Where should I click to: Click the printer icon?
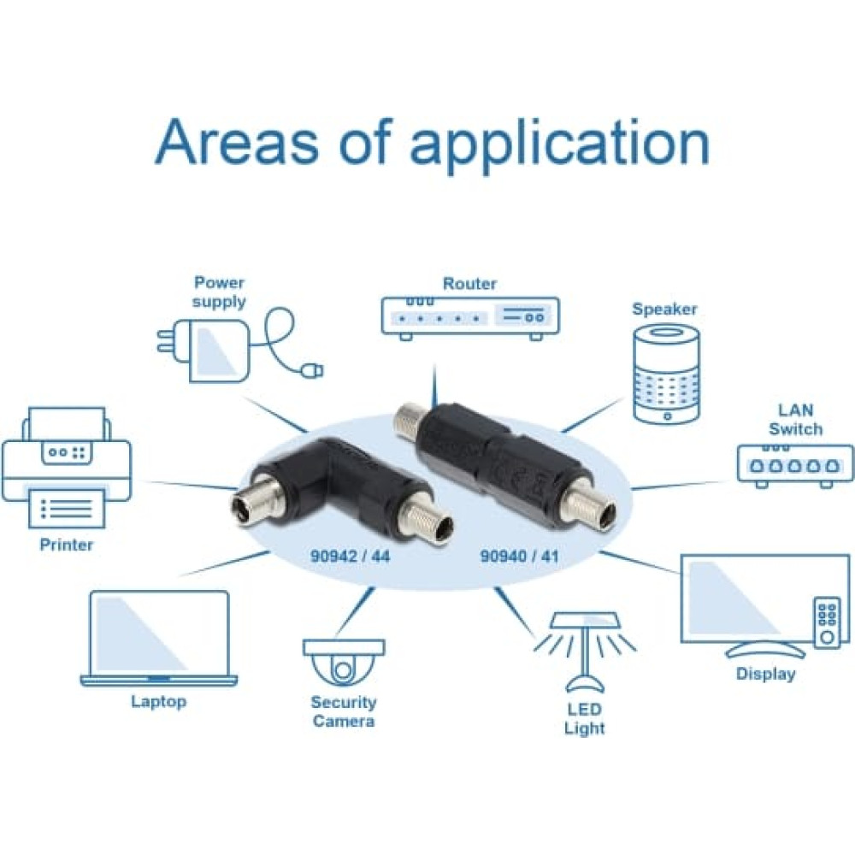point(66,467)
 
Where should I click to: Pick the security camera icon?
point(345,659)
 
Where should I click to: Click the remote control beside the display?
point(826,622)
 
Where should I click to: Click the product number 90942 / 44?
point(350,555)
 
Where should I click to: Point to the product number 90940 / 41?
point(521,555)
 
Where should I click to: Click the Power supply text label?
point(219,292)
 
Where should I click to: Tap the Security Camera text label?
point(343,711)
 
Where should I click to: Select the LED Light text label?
point(585,718)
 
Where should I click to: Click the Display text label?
point(766,674)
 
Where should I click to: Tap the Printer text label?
point(67,544)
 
